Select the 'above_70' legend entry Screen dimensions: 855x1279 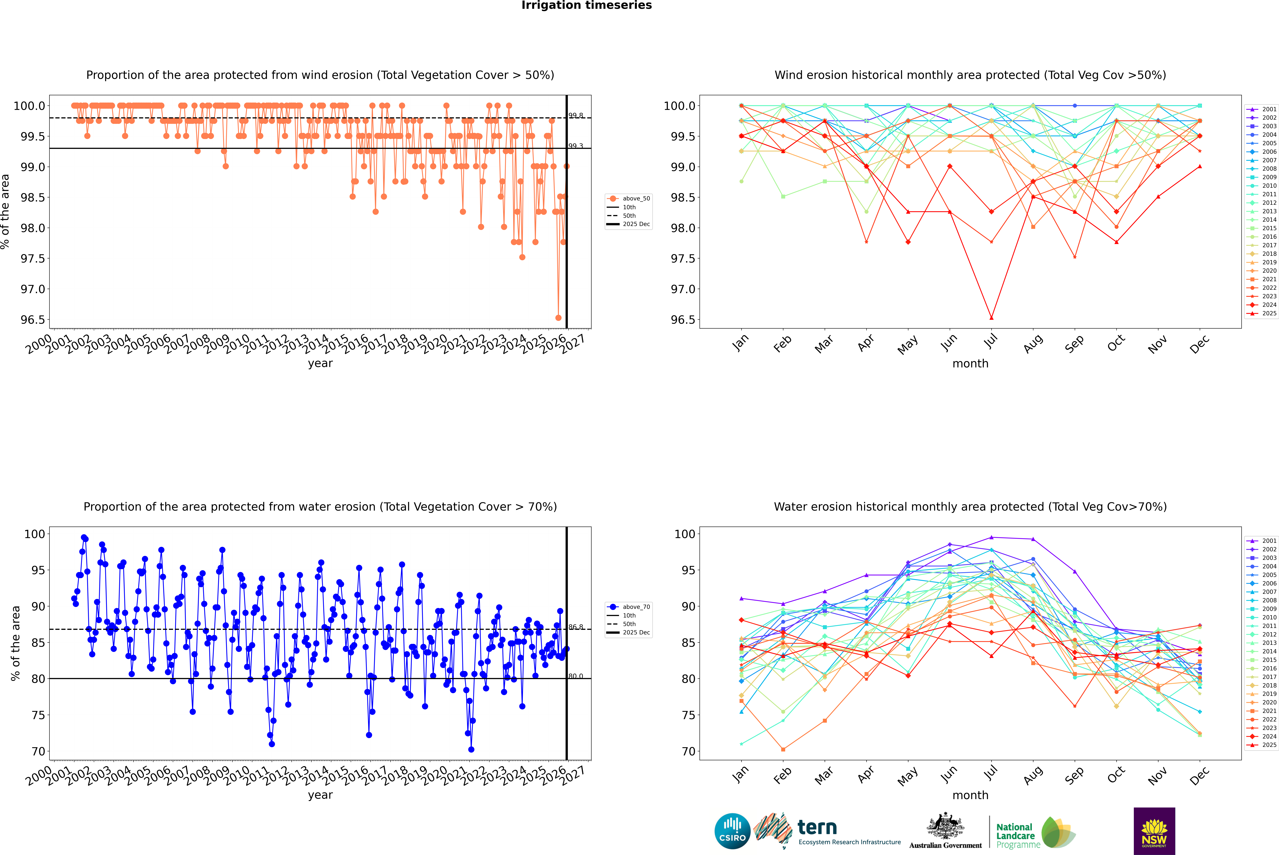coord(636,607)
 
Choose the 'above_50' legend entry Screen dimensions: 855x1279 coord(636,199)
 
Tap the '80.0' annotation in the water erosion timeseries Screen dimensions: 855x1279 coord(576,676)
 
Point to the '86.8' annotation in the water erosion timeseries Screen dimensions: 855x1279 coord(576,627)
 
